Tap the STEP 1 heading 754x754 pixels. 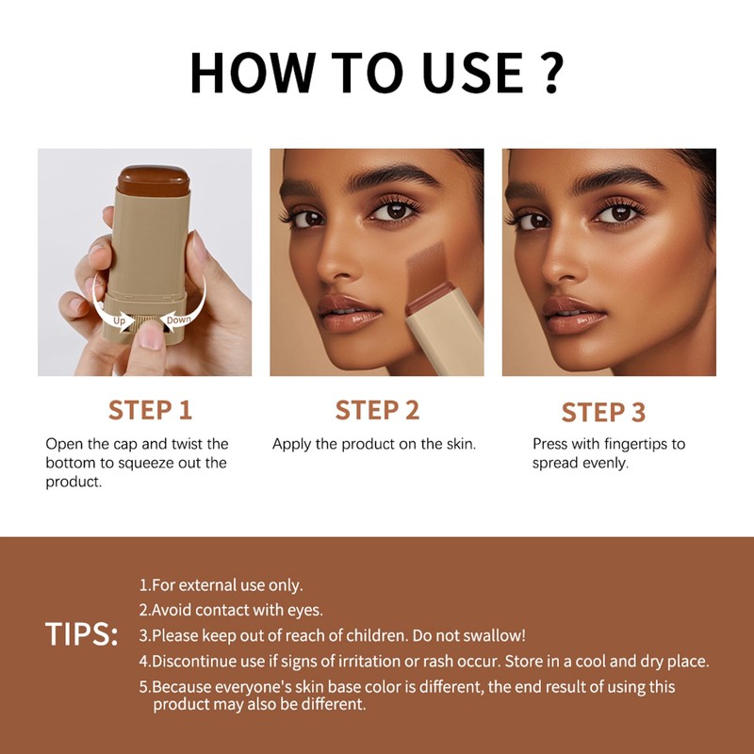pos(150,410)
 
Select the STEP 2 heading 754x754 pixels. pos(377,410)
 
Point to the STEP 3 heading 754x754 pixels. pos(603,413)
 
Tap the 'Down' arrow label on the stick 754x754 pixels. pos(178,320)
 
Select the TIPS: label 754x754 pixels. pos(81,634)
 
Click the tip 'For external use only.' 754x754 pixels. pos(221,585)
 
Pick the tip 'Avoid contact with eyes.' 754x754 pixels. pos(230,610)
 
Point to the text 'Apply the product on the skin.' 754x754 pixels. pos(374,443)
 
